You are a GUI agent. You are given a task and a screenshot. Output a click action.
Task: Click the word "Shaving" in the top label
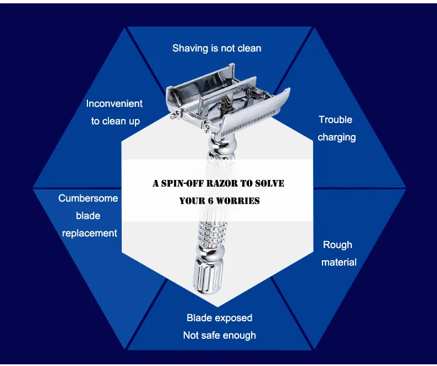coord(190,48)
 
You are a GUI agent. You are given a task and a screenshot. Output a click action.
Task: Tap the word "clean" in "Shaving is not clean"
coord(249,48)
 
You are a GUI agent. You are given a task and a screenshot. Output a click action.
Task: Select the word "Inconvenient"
coord(114,104)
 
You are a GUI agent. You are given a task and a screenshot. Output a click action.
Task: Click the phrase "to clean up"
coord(115,121)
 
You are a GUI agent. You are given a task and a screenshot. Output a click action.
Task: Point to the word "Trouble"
coord(335,120)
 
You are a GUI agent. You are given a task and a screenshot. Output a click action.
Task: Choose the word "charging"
coord(336,137)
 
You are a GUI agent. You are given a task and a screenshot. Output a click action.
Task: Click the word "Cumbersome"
coord(88,198)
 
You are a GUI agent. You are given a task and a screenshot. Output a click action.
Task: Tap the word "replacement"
coord(90,233)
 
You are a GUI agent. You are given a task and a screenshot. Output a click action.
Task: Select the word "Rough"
coord(337,245)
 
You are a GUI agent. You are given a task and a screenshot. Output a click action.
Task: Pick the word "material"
coord(339,262)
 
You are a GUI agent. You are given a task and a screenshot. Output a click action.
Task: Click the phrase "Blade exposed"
coord(219,318)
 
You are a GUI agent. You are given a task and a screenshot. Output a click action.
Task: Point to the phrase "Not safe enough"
coord(219,335)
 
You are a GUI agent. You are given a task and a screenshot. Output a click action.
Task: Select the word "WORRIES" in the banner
coord(240,200)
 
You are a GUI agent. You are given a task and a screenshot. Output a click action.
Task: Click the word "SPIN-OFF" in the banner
coord(183,183)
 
